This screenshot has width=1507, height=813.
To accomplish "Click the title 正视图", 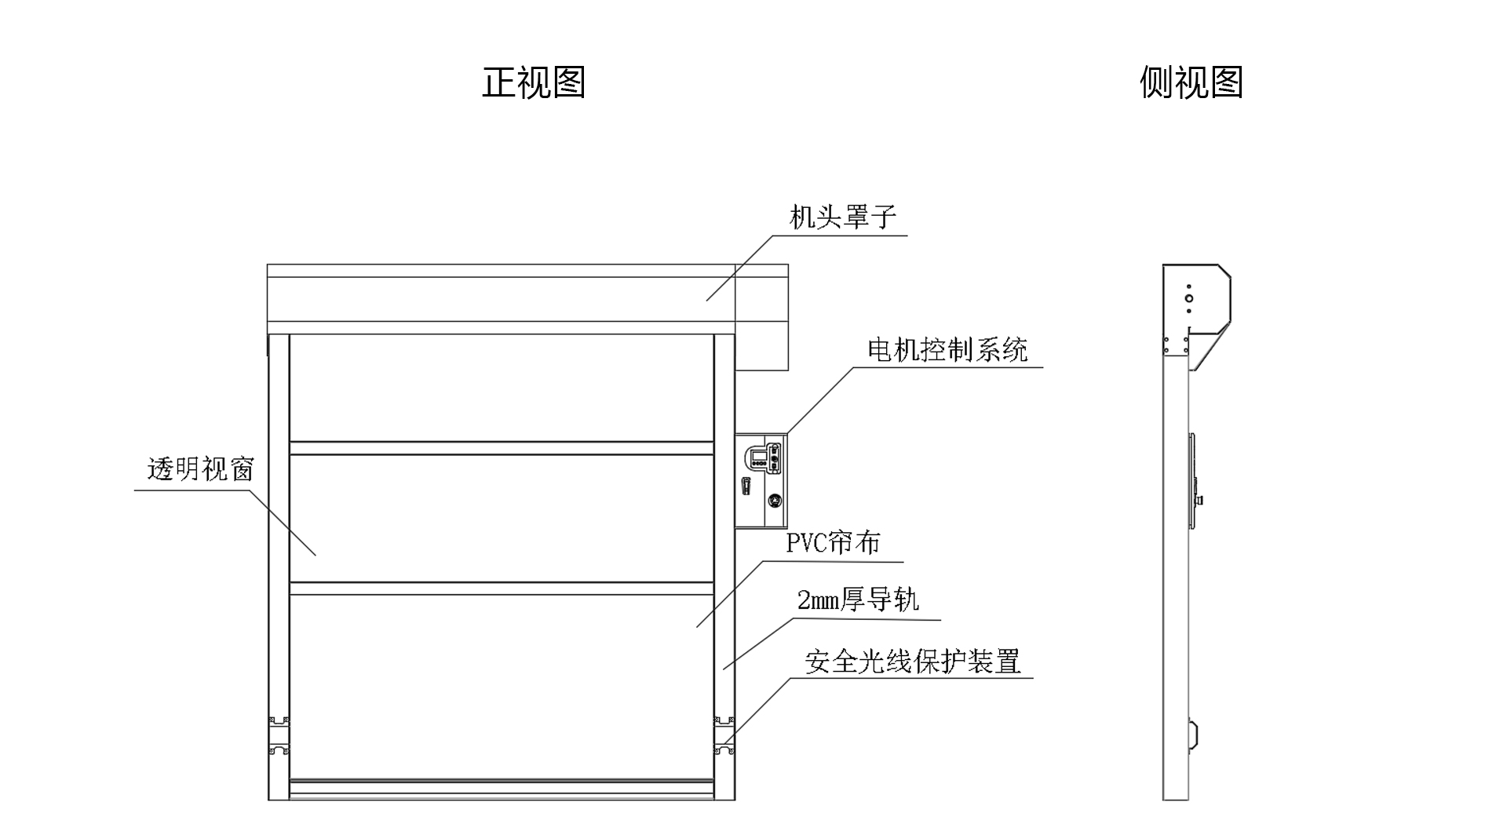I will click(534, 82).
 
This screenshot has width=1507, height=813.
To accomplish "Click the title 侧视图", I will click(1191, 82).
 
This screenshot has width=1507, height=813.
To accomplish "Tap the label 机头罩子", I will click(842, 217).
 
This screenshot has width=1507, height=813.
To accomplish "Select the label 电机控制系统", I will click(947, 349).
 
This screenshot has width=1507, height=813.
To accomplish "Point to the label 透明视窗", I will click(201, 469).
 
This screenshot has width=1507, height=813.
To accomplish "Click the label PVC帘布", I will click(833, 542).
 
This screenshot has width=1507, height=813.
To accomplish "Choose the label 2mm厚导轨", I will click(858, 600).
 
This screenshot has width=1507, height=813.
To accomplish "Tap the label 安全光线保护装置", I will click(912, 662).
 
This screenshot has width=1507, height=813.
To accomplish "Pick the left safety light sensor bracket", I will click(279, 735).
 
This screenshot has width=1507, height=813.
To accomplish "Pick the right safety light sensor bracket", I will click(724, 735).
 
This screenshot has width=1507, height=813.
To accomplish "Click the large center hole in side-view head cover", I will click(1189, 299).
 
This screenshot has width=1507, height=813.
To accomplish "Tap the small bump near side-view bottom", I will click(1193, 735).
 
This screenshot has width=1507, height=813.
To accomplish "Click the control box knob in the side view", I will click(1199, 500).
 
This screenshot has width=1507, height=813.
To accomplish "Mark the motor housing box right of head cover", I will click(761, 318).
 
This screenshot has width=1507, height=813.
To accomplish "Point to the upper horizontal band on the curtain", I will click(502, 449).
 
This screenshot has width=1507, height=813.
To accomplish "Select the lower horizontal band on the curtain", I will click(502, 589).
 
